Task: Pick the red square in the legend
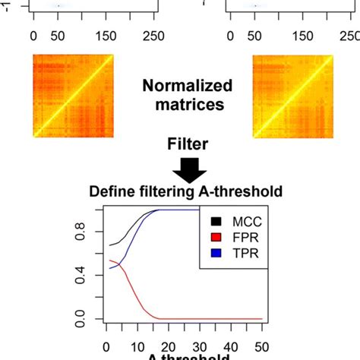218,238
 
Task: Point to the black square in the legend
218,223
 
